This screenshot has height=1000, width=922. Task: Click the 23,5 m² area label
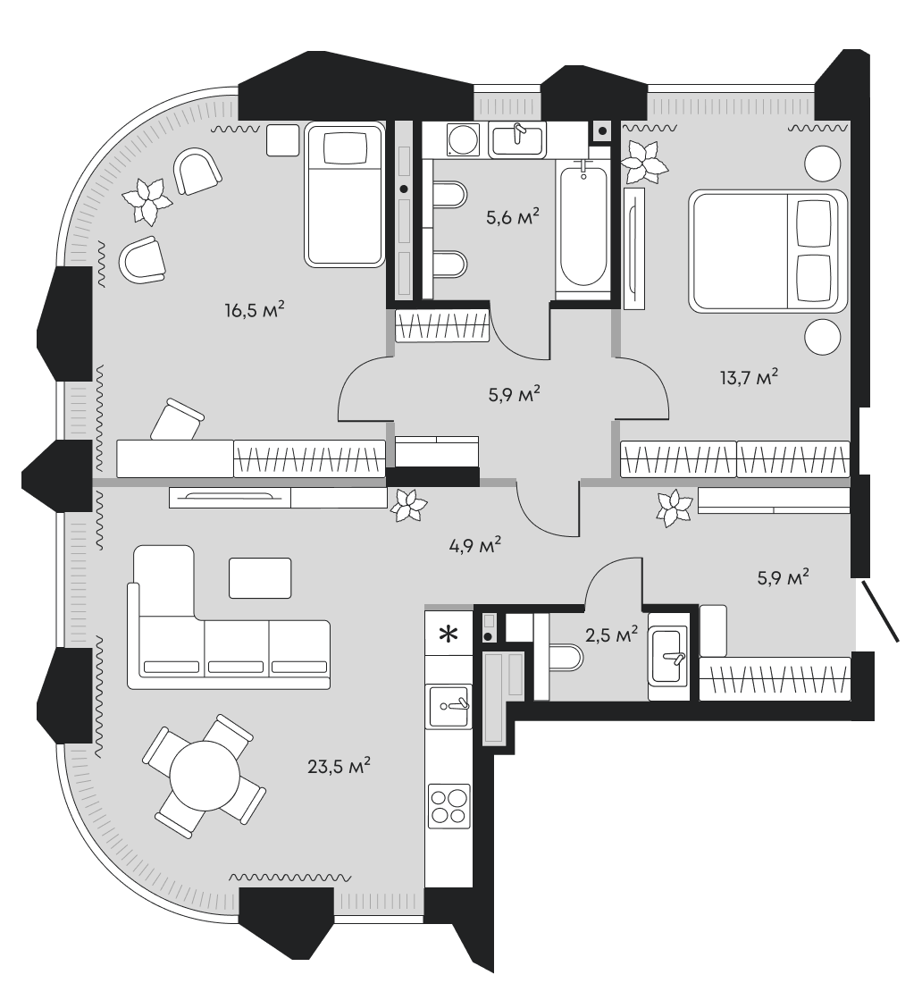point(335,766)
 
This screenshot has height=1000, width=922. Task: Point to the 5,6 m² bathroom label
point(512,217)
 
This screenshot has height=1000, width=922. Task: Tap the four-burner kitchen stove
point(448,803)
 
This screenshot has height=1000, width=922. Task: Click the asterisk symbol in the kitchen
point(448,635)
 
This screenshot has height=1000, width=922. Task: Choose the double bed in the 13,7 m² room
point(766,251)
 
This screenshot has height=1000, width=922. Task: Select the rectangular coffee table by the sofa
point(260,577)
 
